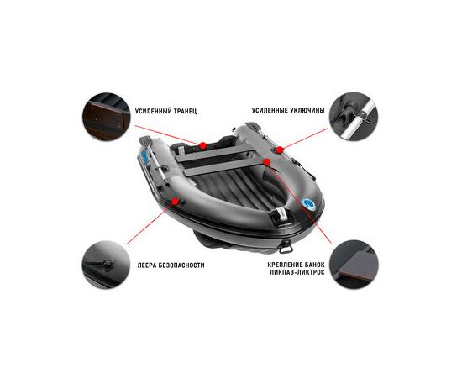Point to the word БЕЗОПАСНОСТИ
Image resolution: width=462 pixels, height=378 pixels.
(x=181, y=265)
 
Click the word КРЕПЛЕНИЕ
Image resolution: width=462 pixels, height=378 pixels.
(x=284, y=265)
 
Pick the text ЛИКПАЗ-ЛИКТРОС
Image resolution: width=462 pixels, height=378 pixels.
(x=297, y=272)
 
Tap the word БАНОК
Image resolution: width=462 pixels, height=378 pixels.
(x=313, y=265)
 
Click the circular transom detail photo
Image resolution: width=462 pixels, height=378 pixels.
(x=107, y=117)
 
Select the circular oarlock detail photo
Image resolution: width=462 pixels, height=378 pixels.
(x=354, y=117)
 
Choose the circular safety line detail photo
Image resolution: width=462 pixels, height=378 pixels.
(x=107, y=265)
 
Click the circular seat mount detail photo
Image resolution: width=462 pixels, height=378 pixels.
(x=354, y=265)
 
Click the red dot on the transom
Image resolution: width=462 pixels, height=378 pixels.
(x=202, y=145)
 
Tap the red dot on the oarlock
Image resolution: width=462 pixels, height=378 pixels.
(x=280, y=150)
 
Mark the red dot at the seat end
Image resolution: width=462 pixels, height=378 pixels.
(x=266, y=162)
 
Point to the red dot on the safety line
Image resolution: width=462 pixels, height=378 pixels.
(x=176, y=202)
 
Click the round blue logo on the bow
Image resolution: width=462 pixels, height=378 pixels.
(x=309, y=204)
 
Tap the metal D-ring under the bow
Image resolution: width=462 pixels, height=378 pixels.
(x=286, y=247)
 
